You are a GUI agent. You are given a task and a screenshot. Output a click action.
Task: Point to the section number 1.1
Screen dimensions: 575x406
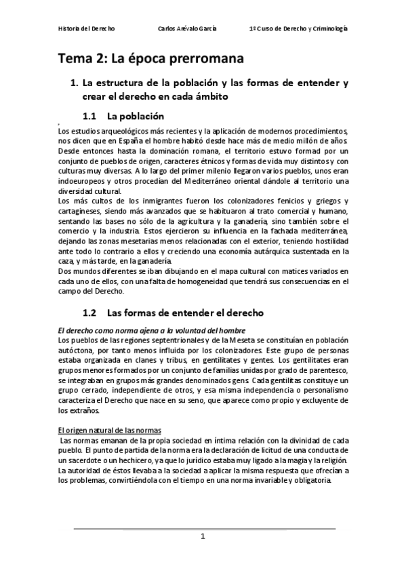[x=89, y=115]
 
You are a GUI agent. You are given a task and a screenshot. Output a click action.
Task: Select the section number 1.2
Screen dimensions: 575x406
[x=89, y=313]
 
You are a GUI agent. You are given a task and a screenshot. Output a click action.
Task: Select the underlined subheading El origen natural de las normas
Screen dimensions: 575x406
[x=108, y=430]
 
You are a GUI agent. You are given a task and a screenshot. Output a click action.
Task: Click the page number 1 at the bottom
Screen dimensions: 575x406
[x=203, y=536]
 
